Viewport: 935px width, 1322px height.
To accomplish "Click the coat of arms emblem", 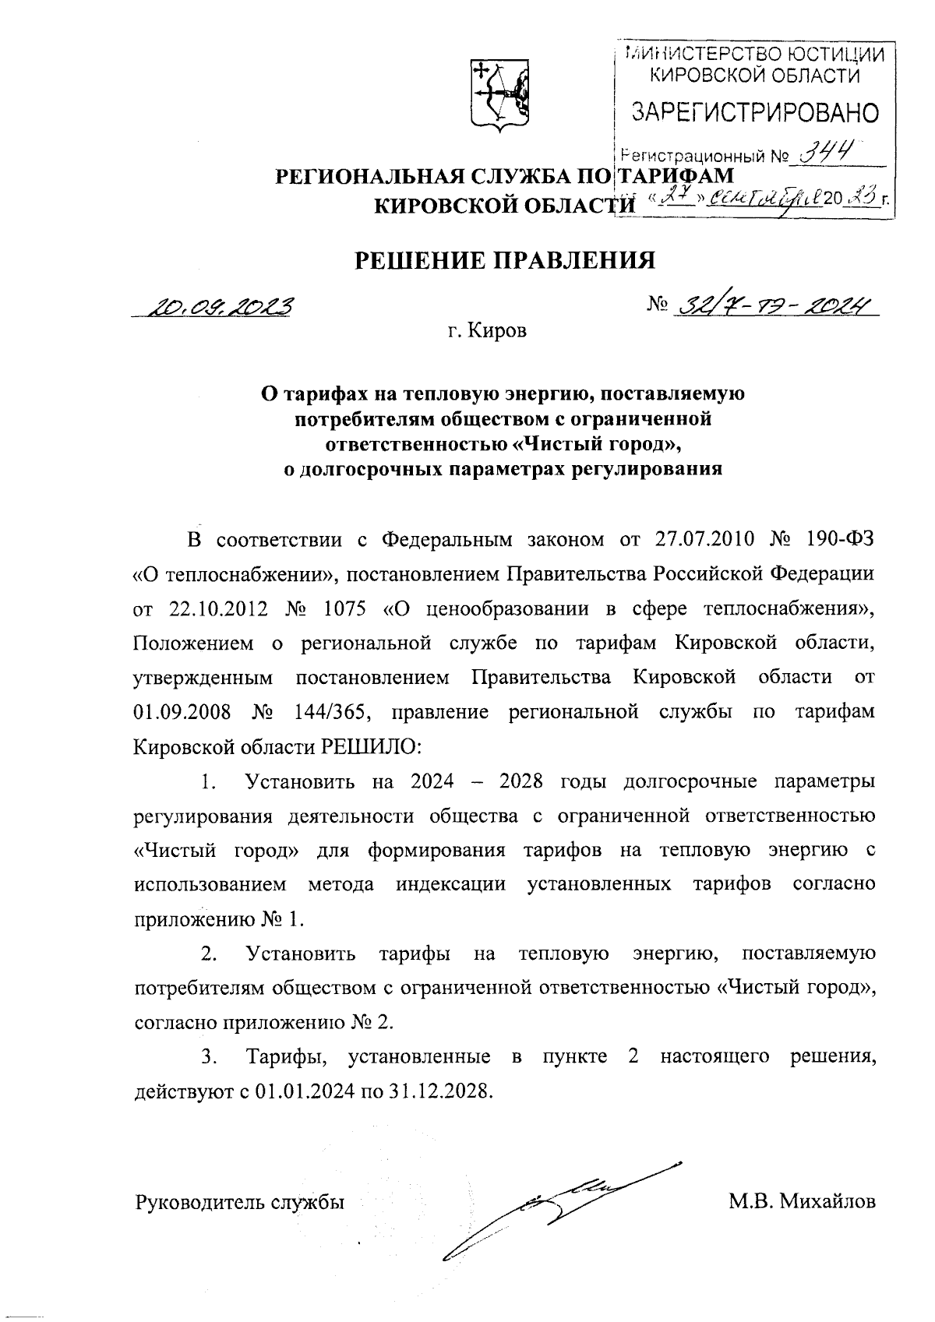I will pyautogui.click(x=499, y=93).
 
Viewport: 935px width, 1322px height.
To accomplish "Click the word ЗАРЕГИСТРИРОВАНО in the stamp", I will pyautogui.click(x=755, y=114).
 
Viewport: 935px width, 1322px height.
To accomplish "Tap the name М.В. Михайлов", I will pyautogui.click(x=802, y=1202).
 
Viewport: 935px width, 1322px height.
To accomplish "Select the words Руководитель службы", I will pyautogui.click(x=240, y=1202).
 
